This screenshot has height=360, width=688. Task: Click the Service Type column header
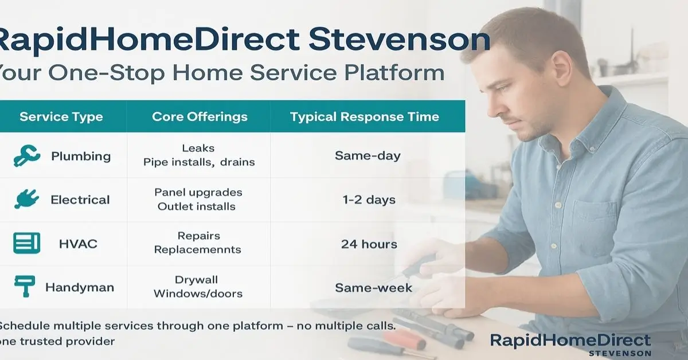point(61,117)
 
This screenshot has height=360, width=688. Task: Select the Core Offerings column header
point(200,117)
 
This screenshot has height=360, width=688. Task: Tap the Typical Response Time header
point(364,117)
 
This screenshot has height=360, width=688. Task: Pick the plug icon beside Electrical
point(26,199)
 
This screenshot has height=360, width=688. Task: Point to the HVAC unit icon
point(26,243)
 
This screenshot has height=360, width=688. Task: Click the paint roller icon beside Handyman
point(25,287)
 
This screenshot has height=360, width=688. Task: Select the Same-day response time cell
point(368,155)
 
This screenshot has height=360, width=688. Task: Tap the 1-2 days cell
point(368,199)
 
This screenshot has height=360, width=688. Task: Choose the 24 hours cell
point(369,244)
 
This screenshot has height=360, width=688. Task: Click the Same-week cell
point(373,287)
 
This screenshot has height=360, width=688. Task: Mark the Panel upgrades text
point(198,192)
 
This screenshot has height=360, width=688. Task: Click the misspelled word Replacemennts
point(198,250)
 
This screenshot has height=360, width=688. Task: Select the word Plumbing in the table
point(81,156)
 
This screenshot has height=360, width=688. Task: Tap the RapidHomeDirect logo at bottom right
point(570,343)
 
